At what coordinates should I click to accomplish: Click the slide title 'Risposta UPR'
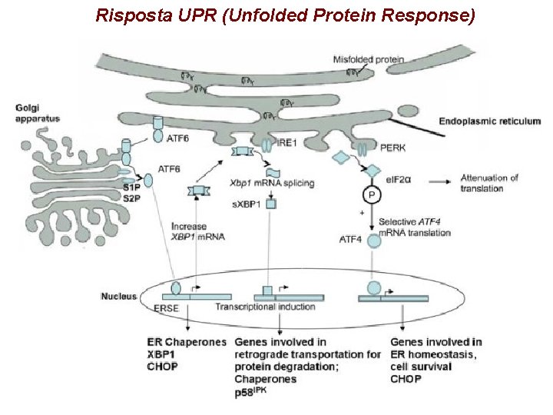285,15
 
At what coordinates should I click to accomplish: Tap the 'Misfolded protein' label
369,59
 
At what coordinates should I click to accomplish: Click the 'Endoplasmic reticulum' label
489,121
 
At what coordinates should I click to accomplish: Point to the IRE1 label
286,142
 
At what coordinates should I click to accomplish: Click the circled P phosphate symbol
372,197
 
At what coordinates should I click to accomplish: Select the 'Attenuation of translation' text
489,183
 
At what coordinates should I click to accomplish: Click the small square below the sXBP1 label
271,204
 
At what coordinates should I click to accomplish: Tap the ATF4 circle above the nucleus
373,241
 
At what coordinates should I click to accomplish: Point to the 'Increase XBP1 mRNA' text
198,231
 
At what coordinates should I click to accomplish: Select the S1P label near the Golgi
132,188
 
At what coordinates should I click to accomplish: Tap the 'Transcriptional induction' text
265,307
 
